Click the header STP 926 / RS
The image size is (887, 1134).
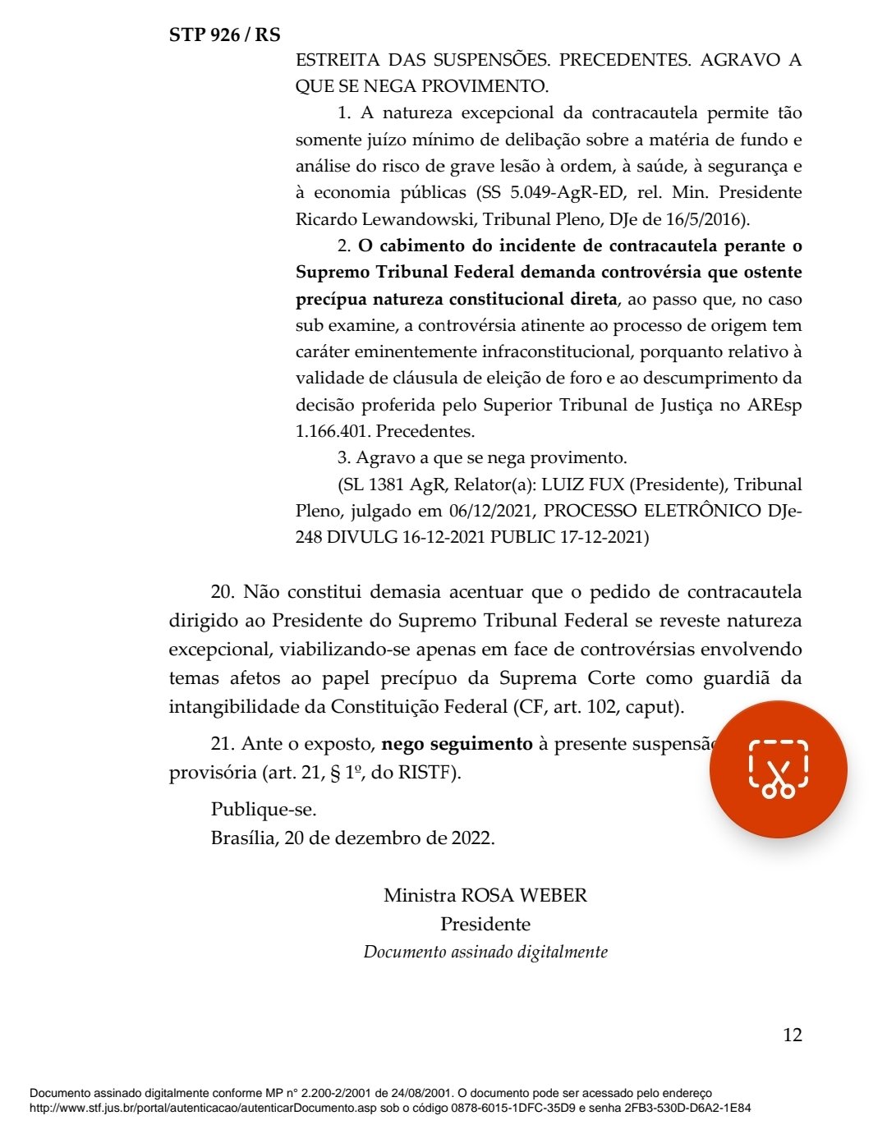coord(224,34)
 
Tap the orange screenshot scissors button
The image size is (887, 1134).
coord(778,769)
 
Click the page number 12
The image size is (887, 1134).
coord(792,1035)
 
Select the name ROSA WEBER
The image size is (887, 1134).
coord(524,895)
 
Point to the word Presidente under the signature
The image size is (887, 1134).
coord(485,924)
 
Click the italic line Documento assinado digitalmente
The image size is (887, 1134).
coord(485,952)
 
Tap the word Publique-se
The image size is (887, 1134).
coord(264,809)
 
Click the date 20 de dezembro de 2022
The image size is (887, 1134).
coord(389,838)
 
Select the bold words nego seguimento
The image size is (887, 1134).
coord(457,744)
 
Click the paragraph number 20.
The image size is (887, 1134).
coord(222,592)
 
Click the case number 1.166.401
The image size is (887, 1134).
coord(331,431)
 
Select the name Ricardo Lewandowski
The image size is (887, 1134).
coord(385,219)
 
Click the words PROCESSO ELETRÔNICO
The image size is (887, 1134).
coord(652,511)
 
